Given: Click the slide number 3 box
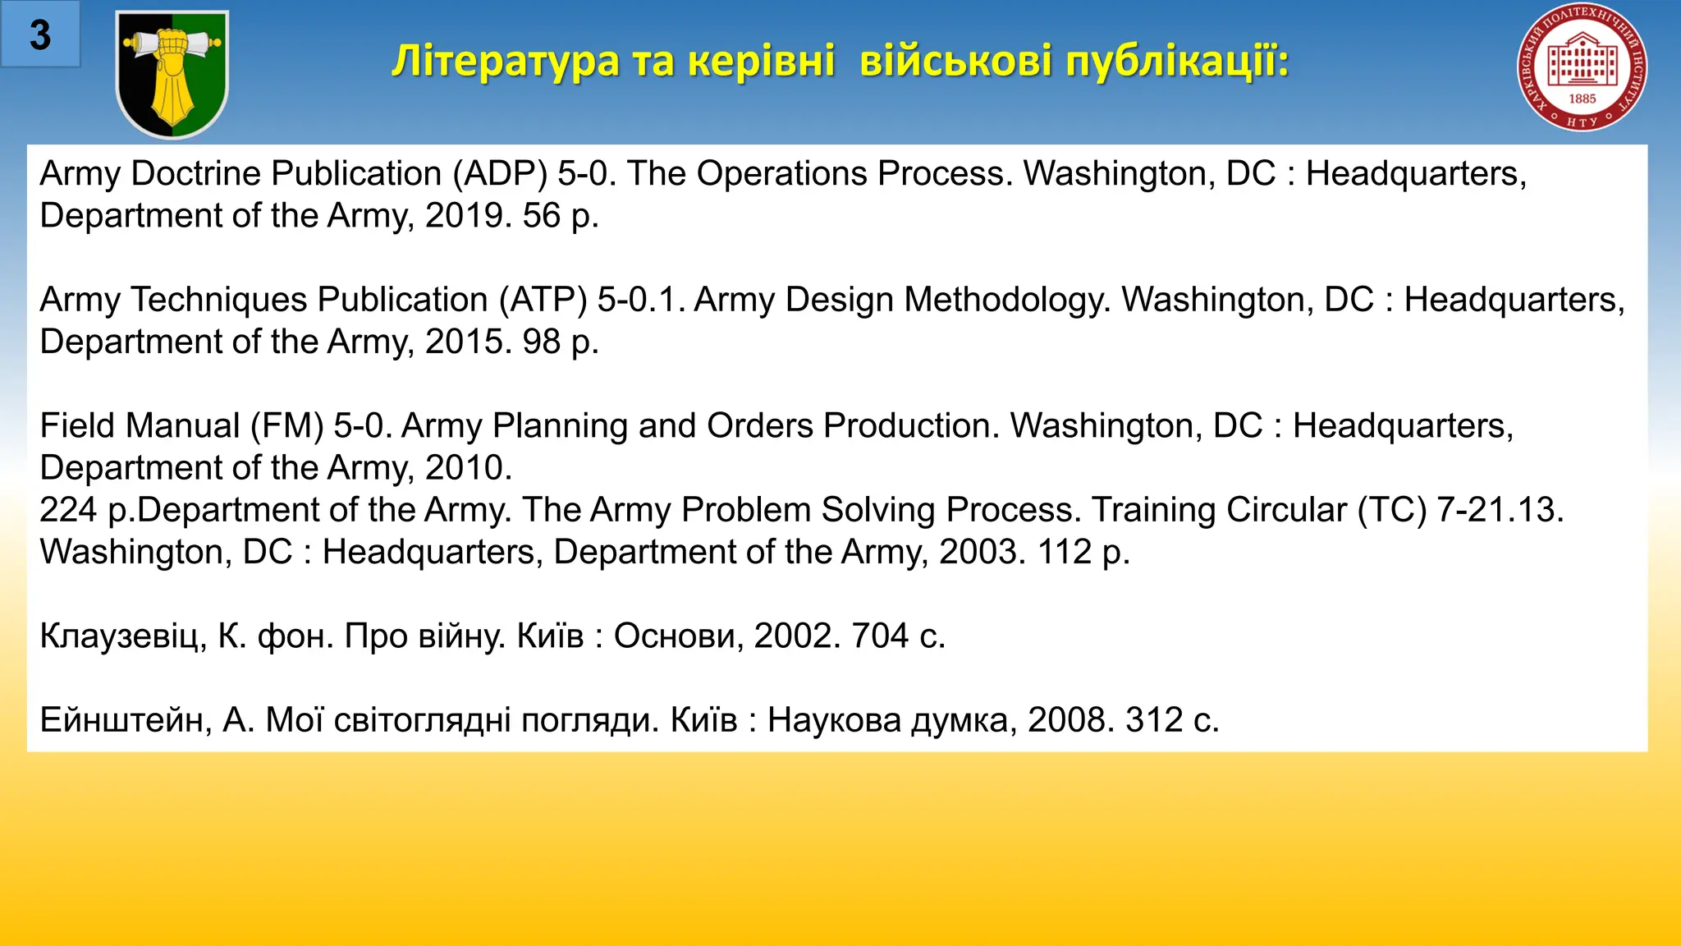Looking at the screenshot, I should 40,34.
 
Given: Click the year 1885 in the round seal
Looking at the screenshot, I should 1582,99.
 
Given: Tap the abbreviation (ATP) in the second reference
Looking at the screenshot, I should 543,300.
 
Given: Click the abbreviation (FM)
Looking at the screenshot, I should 287,425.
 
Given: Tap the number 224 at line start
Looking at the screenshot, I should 68,510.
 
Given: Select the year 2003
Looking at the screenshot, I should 982,552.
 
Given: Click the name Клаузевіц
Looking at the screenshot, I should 123,636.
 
